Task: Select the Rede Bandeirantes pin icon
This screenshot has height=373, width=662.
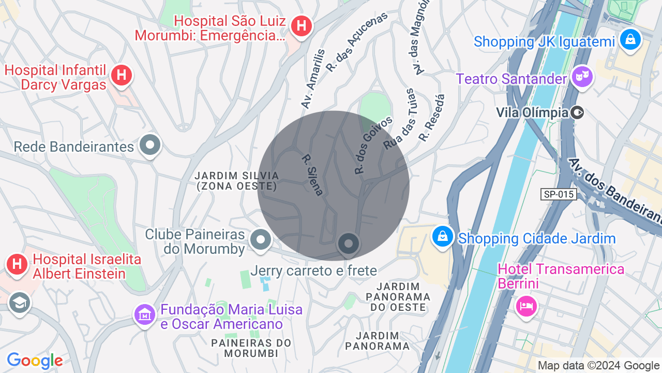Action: click(x=151, y=145)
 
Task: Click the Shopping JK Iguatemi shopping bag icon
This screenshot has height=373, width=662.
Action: click(x=630, y=39)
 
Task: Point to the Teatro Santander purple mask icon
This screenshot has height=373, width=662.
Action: click(x=583, y=78)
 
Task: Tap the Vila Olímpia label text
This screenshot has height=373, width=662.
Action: click(x=531, y=112)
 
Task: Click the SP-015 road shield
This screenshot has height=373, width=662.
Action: click(x=559, y=194)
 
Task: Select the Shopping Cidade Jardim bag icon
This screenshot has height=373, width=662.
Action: click(x=443, y=237)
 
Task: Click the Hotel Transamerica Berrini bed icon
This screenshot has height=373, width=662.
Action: click(x=526, y=306)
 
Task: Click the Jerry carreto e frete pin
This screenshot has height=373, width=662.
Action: click(x=349, y=243)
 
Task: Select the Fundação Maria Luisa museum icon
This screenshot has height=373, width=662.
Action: click(x=145, y=314)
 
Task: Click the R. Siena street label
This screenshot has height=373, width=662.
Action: click(x=312, y=175)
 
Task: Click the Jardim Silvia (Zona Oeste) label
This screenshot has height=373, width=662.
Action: click(x=237, y=181)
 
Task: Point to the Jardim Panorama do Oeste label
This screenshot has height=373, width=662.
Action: click(x=398, y=297)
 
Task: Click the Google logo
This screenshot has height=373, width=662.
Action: click(x=35, y=361)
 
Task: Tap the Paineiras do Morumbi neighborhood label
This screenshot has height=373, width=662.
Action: click(x=251, y=348)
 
